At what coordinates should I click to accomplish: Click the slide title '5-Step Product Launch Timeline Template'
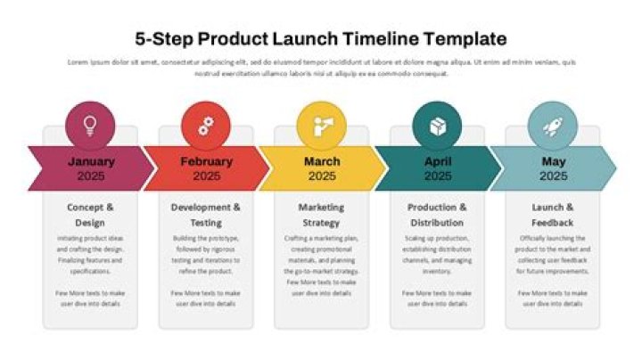point(321,39)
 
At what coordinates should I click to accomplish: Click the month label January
point(90,161)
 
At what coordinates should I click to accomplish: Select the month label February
point(206,161)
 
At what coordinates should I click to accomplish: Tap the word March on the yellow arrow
point(321,161)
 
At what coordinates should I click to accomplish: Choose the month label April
point(437,161)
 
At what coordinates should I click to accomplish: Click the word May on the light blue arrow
point(553,161)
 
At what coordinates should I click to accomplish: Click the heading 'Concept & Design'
point(90,215)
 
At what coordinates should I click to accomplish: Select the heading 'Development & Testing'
point(206,215)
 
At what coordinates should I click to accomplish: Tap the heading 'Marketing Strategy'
point(321,215)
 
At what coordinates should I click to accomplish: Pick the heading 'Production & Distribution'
point(437,215)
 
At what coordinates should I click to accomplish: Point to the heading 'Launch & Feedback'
point(553,215)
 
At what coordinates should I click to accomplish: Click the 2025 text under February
point(206,176)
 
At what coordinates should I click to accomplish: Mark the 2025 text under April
point(437,176)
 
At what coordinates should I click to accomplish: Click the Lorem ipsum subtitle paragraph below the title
point(321,68)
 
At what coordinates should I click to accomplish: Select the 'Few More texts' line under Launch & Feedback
point(553,298)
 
